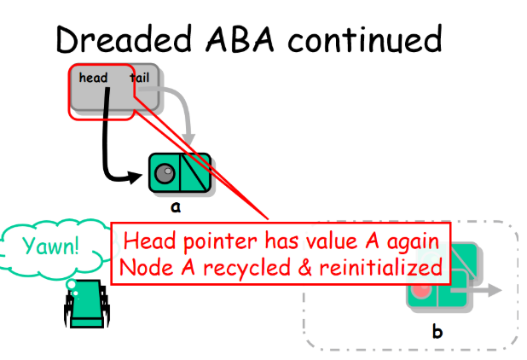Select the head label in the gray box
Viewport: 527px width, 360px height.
coord(93,78)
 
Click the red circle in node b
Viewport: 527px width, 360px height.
coord(420,290)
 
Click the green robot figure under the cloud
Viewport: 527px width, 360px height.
coord(84,307)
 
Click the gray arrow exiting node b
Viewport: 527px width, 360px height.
coord(489,290)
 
